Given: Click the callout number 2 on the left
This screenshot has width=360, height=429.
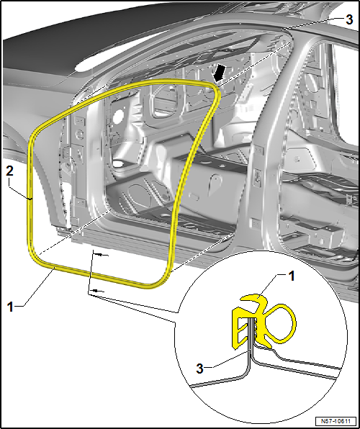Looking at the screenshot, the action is [9, 172].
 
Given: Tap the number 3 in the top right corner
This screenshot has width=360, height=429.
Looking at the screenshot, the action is [349, 20].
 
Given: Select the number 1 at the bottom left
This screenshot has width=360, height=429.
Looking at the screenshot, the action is [10, 307].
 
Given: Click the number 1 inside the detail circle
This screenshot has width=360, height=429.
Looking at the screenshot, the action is [292, 276].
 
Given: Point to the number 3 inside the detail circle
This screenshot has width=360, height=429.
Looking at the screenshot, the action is [200, 369].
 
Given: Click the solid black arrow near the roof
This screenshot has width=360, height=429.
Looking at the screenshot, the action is [219, 73].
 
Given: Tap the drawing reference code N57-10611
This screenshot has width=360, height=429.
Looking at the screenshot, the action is [336, 420].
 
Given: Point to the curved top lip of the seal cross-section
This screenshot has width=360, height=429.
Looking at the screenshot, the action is [251, 298].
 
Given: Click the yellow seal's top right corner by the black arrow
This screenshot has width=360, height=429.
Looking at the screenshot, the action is [216, 89].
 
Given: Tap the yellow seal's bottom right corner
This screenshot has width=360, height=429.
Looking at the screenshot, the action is [160, 282].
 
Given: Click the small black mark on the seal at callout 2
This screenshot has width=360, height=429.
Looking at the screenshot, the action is [30, 199].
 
